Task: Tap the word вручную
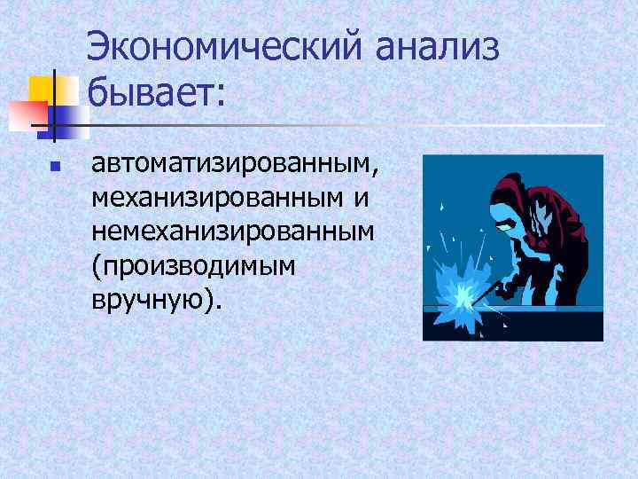pos(147,302)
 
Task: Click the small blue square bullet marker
pos(54,166)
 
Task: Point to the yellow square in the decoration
pos(41,90)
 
